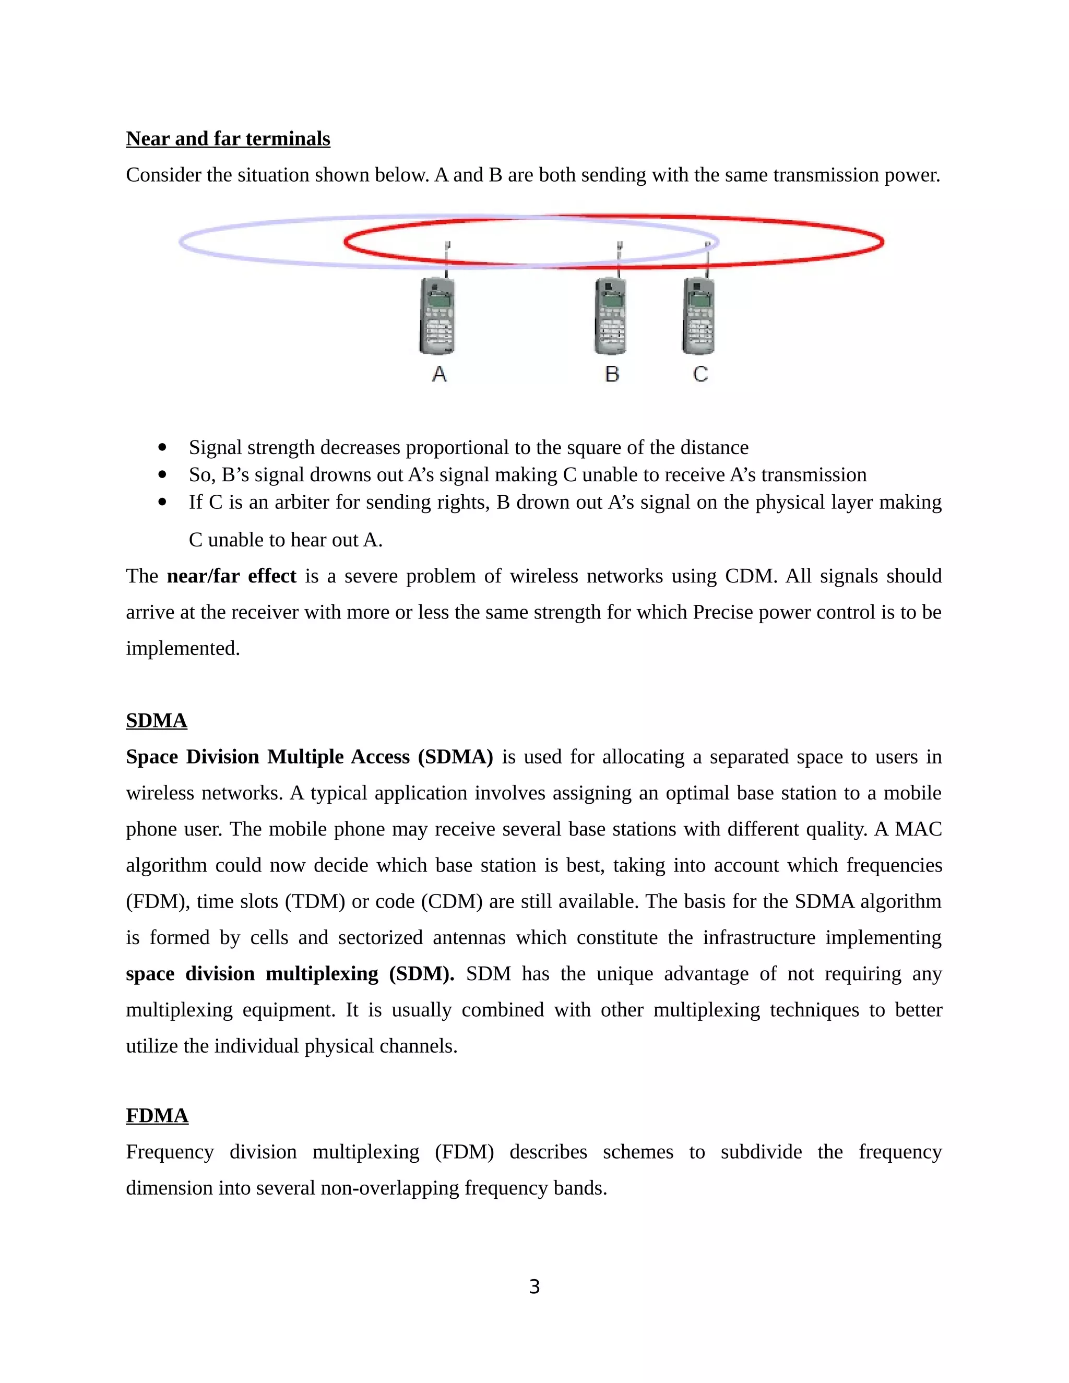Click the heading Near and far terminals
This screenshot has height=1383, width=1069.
click(x=228, y=139)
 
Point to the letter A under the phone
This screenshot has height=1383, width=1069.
click(x=439, y=374)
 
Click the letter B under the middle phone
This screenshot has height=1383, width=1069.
click(x=612, y=374)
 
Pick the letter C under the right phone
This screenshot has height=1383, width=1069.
click(x=700, y=374)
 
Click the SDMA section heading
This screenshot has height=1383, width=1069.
click(x=157, y=721)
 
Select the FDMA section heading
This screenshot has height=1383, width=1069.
click(x=157, y=1115)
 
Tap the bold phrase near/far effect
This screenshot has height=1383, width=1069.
click(x=231, y=576)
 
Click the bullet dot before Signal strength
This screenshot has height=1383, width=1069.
click(x=163, y=448)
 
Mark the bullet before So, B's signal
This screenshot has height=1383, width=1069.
click(x=163, y=474)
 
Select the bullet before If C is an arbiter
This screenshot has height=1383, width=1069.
click(x=163, y=502)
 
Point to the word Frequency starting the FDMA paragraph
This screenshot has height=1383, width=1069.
click(x=170, y=1152)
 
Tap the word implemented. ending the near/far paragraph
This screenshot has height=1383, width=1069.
click(x=183, y=648)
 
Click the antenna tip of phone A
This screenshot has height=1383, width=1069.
click(x=448, y=244)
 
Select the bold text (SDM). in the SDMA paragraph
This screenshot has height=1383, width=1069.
click(x=421, y=974)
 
